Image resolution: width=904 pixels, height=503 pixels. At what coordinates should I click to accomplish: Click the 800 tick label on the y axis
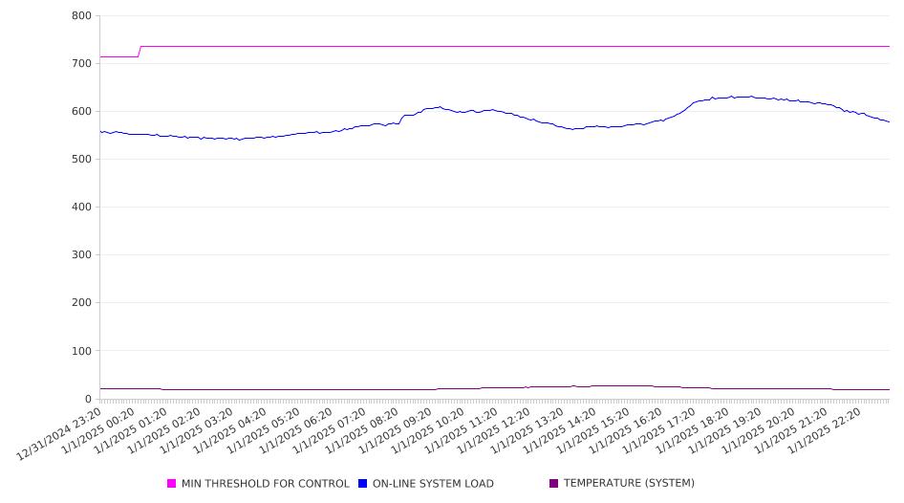pyautogui.click(x=81, y=16)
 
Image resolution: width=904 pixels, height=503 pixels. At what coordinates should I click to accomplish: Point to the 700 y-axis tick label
pyautogui.click(x=81, y=63)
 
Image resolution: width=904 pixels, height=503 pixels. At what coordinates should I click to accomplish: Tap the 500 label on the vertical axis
pyautogui.click(x=81, y=159)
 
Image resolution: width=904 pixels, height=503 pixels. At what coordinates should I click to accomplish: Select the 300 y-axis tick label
pyautogui.click(x=81, y=255)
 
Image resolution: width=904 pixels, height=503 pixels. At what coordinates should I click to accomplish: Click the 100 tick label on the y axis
pyautogui.click(x=81, y=351)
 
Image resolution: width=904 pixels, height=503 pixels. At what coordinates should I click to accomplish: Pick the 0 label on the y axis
pyautogui.click(x=88, y=399)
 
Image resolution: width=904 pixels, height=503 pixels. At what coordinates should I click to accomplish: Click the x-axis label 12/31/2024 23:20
pyautogui.click(x=59, y=434)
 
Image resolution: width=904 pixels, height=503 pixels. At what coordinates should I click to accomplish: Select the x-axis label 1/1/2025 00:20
pyautogui.click(x=98, y=431)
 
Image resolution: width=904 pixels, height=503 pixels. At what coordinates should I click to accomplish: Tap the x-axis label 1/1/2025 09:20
pyautogui.click(x=395, y=431)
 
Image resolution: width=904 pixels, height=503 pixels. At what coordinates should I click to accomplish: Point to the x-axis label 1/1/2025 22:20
pyautogui.click(x=825, y=431)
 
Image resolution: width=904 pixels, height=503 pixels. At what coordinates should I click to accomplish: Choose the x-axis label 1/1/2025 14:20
pyautogui.click(x=560, y=431)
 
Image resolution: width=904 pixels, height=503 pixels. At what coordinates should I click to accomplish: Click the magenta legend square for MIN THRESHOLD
pyautogui.click(x=171, y=483)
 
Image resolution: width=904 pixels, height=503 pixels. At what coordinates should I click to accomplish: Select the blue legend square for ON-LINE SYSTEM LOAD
pyautogui.click(x=362, y=483)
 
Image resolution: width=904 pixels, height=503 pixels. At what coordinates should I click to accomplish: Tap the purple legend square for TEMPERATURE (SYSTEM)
pyautogui.click(x=554, y=483)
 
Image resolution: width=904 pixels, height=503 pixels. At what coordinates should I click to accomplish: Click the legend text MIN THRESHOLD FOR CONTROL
pyautogui.click(x=266, y=483)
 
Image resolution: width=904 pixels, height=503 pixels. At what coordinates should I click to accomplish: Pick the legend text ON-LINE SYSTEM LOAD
pyautogui.click(x=433, y=483)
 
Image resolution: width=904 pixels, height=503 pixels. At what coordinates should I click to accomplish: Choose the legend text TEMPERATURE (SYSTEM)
pyautogui.click(x=629, y=483)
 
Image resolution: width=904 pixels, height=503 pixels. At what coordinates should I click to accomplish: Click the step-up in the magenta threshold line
pyautogui.click(x=140, y=52)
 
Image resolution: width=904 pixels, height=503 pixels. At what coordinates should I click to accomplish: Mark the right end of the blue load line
pyautogui.click(x=889, y=121)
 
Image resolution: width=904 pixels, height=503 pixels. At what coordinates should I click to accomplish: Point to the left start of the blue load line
pyautogui.click(x=100, y=132)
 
